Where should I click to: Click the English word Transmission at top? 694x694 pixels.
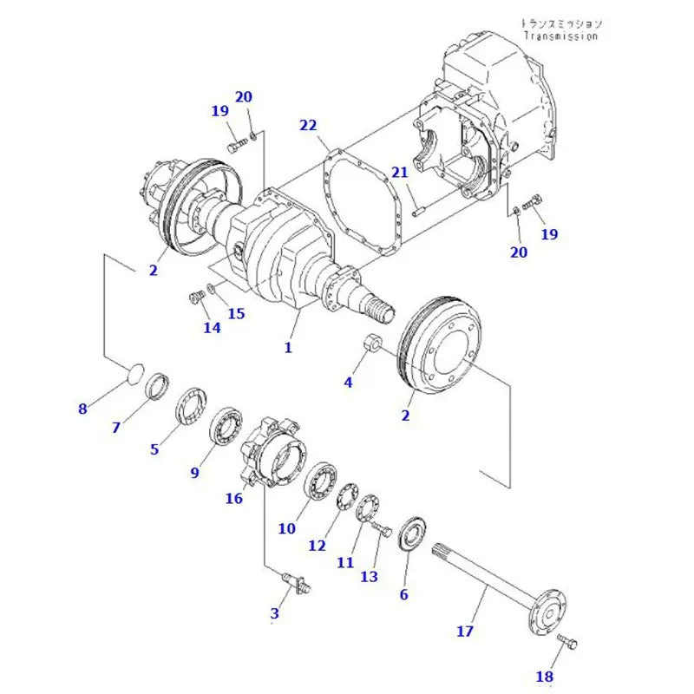[560, 36]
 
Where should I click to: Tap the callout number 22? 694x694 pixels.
[308, 125]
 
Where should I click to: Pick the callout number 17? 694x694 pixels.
[465, 631]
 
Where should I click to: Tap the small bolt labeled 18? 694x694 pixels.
[568, 643]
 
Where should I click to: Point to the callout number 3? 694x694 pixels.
[274, 613]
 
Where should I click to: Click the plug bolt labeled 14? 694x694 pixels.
[194, 300]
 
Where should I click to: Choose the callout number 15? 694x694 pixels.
[237, 312]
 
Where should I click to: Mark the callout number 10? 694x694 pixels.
[287, 528]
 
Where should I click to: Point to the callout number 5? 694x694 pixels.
[154, 448]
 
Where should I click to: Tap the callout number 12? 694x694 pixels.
[317, 545]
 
